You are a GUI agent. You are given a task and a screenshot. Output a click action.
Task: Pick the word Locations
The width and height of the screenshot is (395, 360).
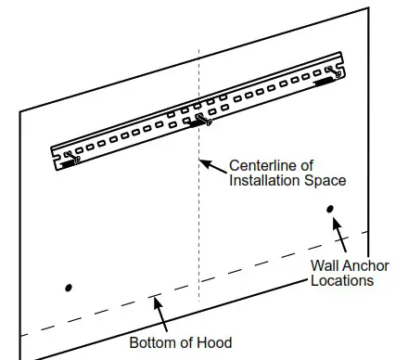pyautogui.click(x=341, y=280)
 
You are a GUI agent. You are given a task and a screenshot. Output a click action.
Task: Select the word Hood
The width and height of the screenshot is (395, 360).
pyautogui.click(x=212, y=342)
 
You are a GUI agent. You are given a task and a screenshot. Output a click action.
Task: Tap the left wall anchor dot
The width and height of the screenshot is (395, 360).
pyautogui.click(x=68, y=288)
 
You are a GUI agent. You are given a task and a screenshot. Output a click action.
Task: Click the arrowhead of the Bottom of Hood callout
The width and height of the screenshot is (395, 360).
pyautogui.click(x=154, y=300)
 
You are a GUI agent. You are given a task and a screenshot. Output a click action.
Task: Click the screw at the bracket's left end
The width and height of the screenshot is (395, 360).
pyautogui.click(x=73, y=156)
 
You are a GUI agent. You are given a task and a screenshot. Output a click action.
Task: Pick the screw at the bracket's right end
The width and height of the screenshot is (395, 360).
pyautogui.click(x=331, y=70)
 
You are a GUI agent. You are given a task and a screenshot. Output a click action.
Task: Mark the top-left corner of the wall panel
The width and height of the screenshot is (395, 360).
pyautogui.click(x=20, y=112)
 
